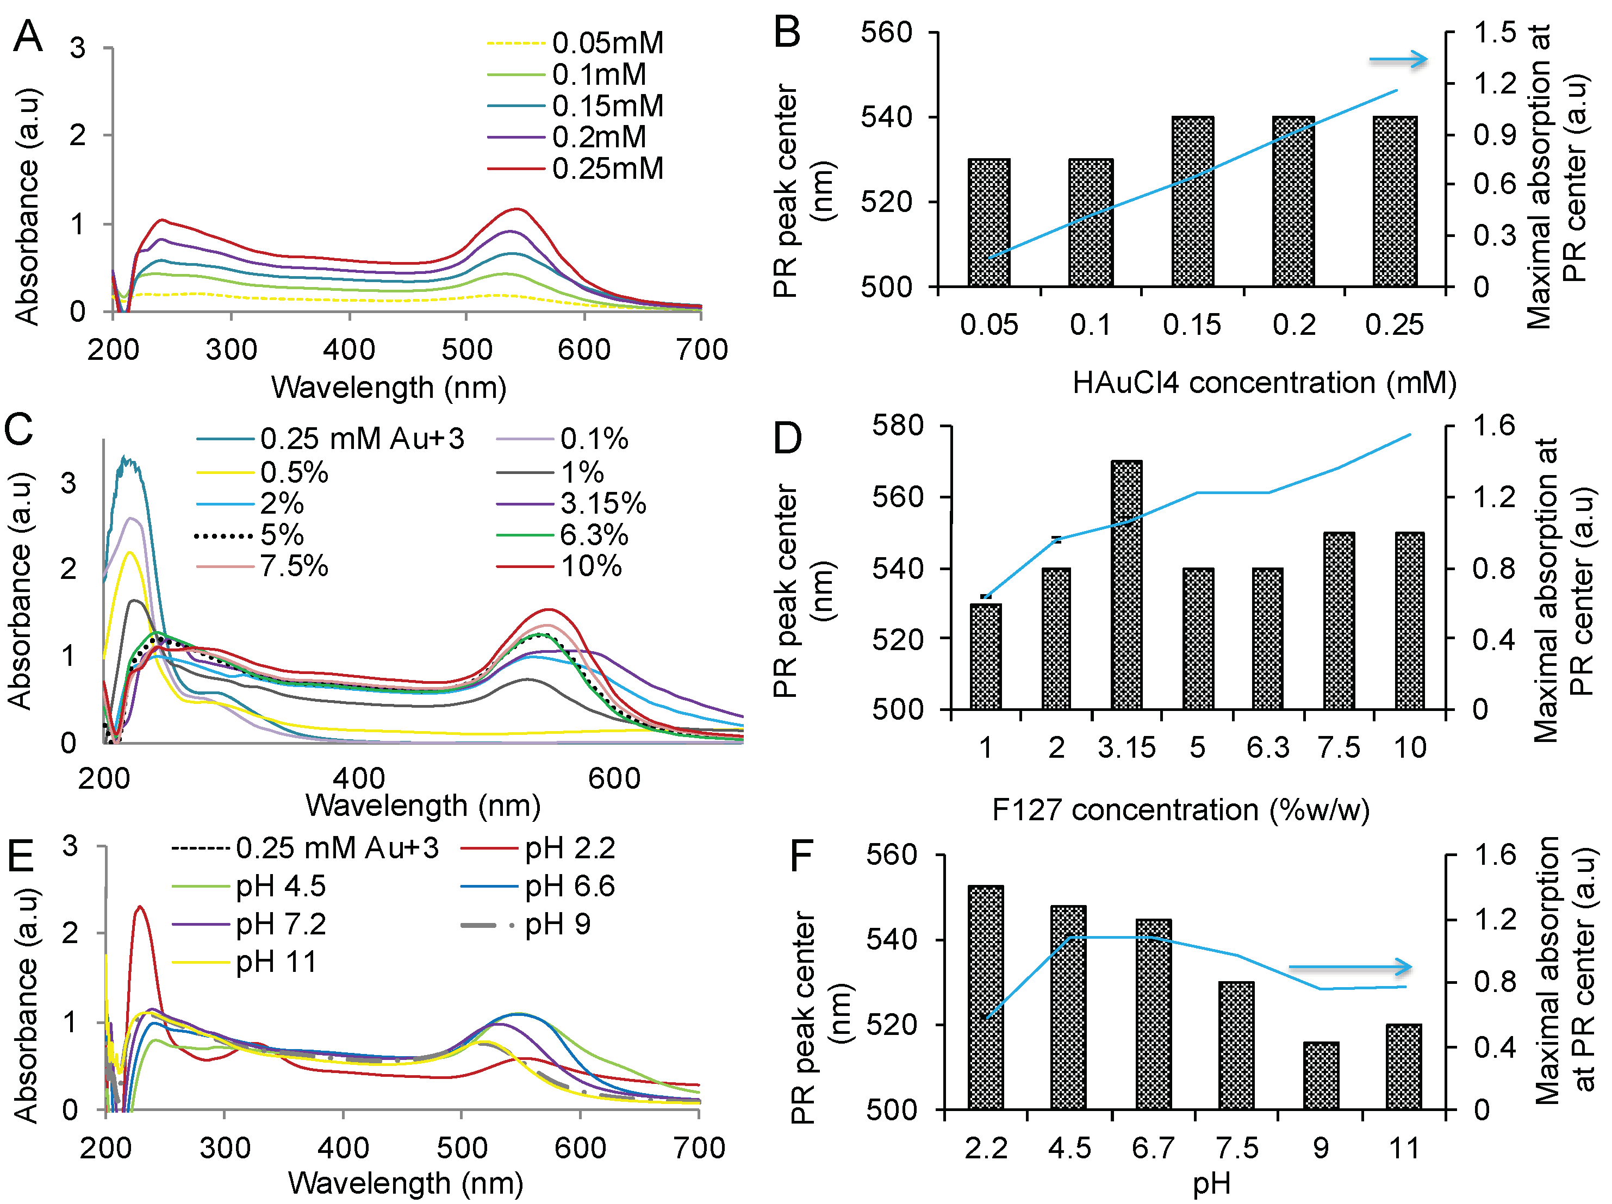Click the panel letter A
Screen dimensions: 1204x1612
tap(28, 36)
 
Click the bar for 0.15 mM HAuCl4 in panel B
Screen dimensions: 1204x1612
tap(1192, 201)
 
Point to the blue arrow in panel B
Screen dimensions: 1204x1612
tap(1398, 60)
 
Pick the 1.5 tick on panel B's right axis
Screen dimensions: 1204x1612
tap(1494, 33)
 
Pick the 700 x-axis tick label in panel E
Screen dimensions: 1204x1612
tap(700, 1148)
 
